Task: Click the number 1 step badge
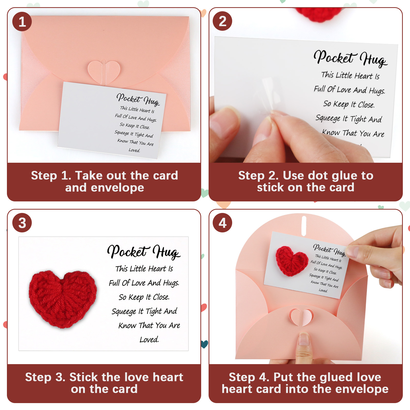pos(22,22)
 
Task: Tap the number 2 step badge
pos(222,21)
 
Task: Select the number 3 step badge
pos(22,223)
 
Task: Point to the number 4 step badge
pos(222,223)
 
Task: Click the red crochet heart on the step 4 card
pos(292,261)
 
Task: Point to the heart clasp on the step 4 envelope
pos(301,317)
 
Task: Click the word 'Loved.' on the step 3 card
pos(149,340)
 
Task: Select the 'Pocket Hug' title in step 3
pos(144,252)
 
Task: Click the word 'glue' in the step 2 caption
pos(333,176)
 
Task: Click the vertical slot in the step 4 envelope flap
pos(304,226)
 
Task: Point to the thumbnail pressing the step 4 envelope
pos(304,340)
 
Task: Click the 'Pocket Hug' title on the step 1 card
pos(138,99)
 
